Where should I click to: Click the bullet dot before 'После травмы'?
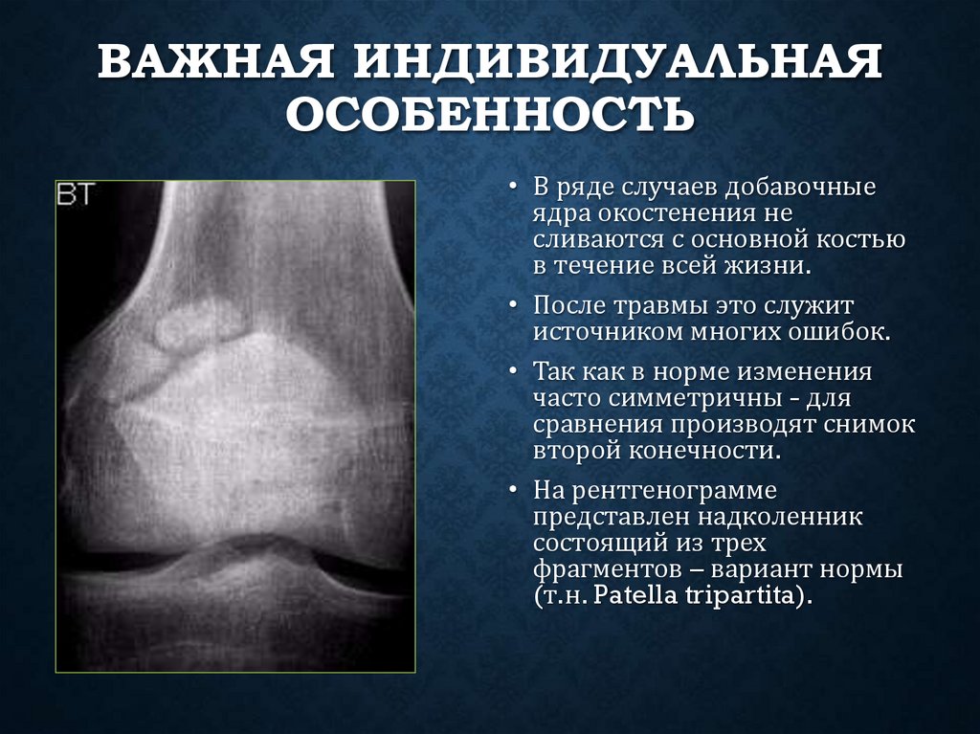pos(515,306)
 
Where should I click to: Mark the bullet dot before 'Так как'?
pos(515,370)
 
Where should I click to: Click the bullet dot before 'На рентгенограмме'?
pos(515,491)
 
